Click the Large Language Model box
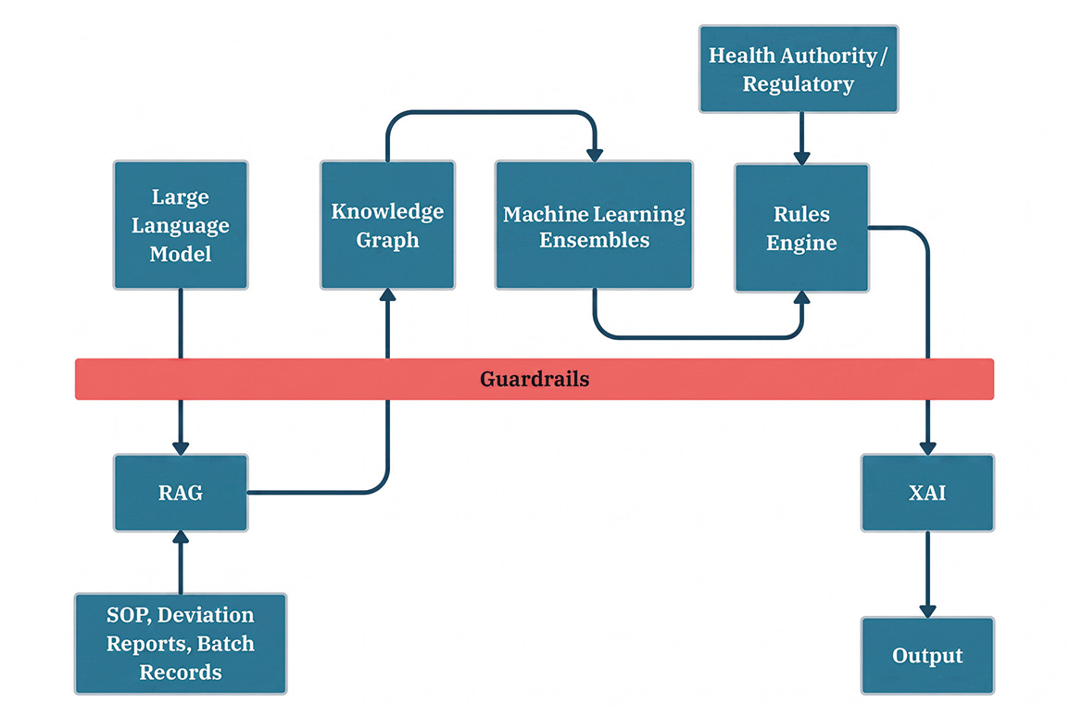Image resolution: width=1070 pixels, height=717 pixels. click(x=180, y=225)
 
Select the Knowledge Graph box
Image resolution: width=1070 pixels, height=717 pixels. click(x=387, y=225)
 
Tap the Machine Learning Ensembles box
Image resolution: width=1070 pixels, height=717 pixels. click(x=594, y=225)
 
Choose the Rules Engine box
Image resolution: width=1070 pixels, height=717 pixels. click(x=801, y=228)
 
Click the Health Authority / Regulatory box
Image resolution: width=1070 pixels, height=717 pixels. click(x=799, y=69)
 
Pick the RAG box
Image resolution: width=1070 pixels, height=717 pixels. click(x=180, y=493)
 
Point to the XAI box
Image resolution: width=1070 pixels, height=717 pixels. click(x=927, y=493)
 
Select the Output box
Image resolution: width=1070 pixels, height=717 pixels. click(x=927, y=656)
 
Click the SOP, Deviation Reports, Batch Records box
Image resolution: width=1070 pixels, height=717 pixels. click(x=180, y=644)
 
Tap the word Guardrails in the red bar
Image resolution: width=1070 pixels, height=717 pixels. click(x=535, y=379)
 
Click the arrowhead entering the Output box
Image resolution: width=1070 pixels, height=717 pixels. click(x=927, y=611)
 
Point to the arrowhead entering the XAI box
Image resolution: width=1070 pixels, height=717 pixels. click(x=927, y=448)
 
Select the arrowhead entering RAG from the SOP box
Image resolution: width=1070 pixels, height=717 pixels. click(x=180, y=537)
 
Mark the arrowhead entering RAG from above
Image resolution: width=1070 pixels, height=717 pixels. click(x=180, y=448)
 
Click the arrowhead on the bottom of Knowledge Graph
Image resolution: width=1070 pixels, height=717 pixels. click(x=387, y=296)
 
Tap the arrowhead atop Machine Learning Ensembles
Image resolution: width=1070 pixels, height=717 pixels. click(x=595, y=155)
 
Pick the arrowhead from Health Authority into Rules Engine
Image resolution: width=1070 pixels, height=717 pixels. click(x=802, y=157)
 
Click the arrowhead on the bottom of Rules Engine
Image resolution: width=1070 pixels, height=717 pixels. click(x=802, y=298)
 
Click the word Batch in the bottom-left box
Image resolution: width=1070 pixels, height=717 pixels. click(x=225, y=644)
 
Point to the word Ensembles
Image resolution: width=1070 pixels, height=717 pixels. click(x=594, y=240)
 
